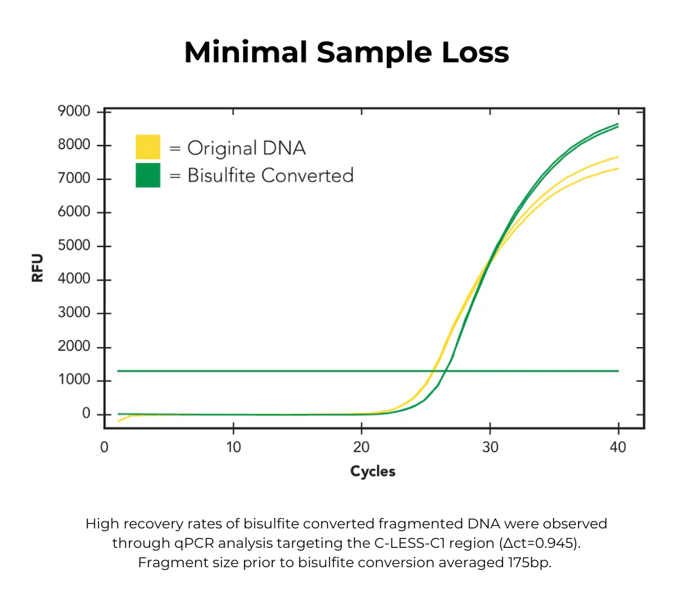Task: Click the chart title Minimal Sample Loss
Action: [x=346, y=53]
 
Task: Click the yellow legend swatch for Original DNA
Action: [x=148, y=148]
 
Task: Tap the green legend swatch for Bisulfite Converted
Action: [x=148, y=175]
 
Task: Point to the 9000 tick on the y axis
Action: [x=74, y=112]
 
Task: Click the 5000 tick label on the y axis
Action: [x=74, y=246]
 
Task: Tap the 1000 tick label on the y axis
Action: [x=74, y=380]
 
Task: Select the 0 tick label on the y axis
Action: [x=87, y=414]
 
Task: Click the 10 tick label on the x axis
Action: [x=234, y=447]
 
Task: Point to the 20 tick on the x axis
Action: [x=362, y=447]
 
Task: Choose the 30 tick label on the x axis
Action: [x=490, y=447]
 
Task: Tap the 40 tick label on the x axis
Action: [x=617, y=447]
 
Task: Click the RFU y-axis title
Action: [x=37, y=268]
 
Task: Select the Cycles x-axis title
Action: [x=373, y=472]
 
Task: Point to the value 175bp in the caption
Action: [x=530, y=562]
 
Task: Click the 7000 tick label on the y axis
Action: [x=74, y=179]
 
